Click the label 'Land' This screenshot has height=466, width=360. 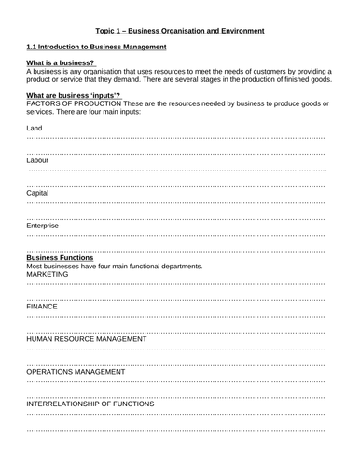tap(35, 128)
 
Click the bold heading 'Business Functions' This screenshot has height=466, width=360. tap(61, 258)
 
